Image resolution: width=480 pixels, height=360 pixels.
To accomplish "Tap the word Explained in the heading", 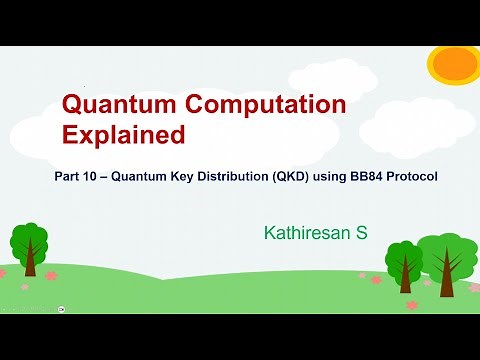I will tap(124, 134).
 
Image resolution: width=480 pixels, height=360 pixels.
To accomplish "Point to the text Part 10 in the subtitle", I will tap(76, 177).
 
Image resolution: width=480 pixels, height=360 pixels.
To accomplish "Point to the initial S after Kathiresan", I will tap(362, 233).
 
